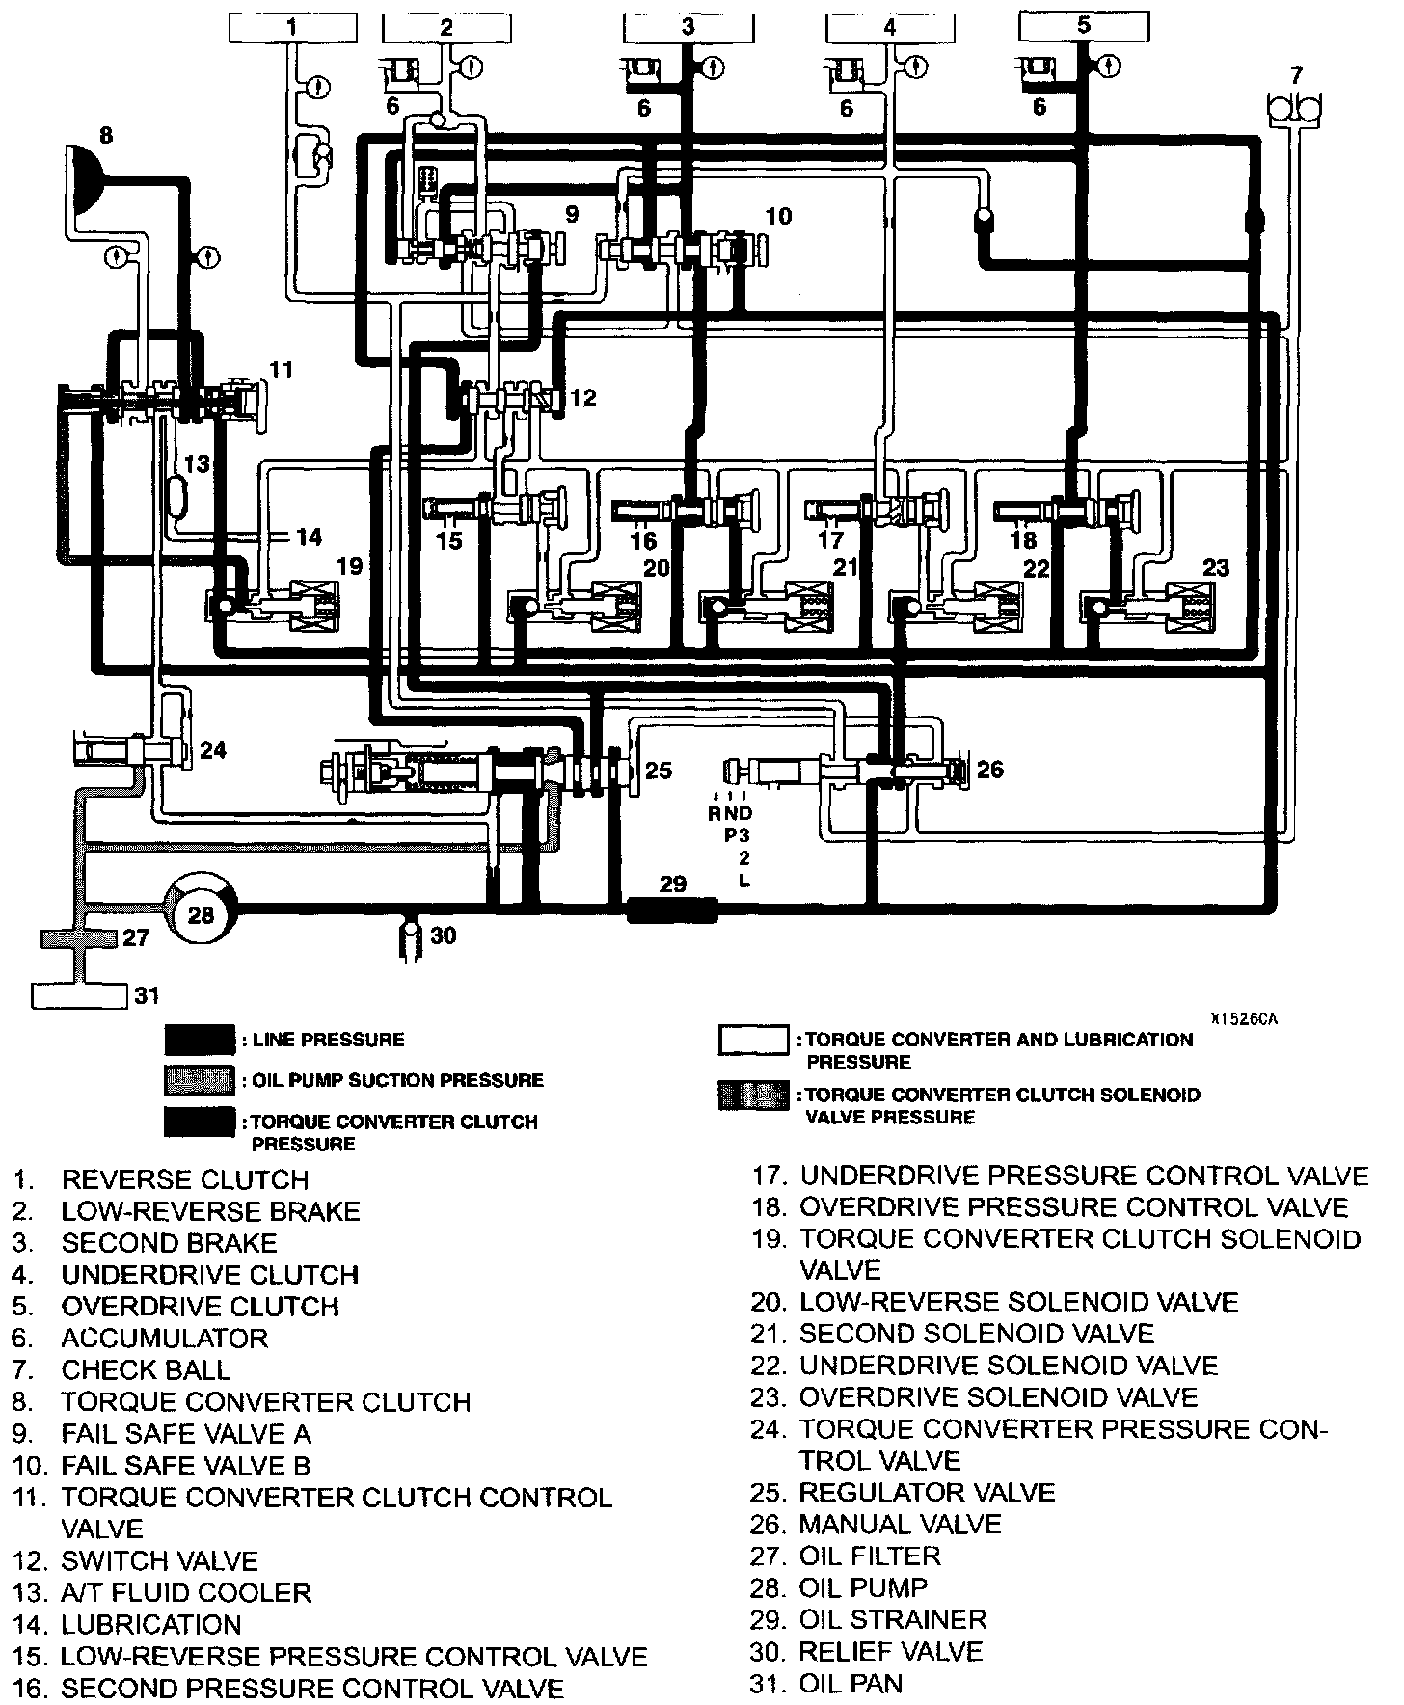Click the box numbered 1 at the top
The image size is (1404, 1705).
click(x=291, y=27)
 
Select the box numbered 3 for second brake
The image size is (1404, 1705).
click(x=687, y=27)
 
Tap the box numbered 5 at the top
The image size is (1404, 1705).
click(x=1083, y=25)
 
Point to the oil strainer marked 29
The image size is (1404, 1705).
click(x=672, y=908)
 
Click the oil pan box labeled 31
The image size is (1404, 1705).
click(x=80, y=995)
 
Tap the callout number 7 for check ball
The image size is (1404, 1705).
click(x=1296, y=74)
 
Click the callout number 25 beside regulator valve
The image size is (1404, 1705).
click(x=658, y=770)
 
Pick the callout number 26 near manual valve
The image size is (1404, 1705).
click(x=989, y=769)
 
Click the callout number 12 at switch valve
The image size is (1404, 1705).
click(x=583, y=397)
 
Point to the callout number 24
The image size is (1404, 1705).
click(x=213, y=749)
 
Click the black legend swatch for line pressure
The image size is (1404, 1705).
click(x=199, y=1040)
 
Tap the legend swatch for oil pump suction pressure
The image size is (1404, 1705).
click(x=199, y=1080)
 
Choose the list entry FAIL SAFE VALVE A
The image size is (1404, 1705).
click(x=186, y=1434)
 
